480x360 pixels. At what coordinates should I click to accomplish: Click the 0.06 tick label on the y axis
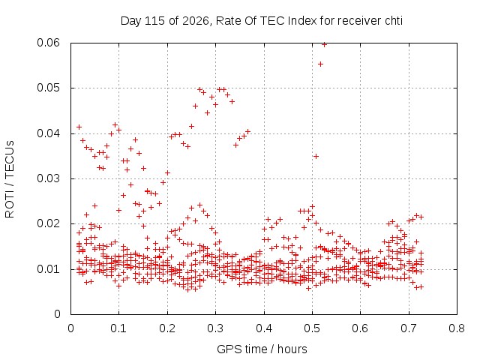[x=48, y=43]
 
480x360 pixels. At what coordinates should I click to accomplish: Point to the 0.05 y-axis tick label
[x=48, y=88]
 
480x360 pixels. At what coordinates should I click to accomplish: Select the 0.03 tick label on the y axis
[x=48, y=178]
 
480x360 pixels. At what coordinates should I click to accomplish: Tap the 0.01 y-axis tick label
[x=48, y=269]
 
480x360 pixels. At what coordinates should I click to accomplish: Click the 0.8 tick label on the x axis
[x=457, y=328]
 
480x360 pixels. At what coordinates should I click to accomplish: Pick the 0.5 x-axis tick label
[x=312, y=328]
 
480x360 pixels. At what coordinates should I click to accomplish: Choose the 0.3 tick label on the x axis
[x=215, y=328]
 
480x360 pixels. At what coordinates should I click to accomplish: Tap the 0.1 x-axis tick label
[x=118, y=328]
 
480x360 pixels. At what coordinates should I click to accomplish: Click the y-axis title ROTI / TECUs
[x=10, y=179]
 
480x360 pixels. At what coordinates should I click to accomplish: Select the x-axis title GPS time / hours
[x=262, y=349]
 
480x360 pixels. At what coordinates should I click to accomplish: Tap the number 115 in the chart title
[x=154, y=21]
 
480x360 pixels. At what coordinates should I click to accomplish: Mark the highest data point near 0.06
[x=324, y=45]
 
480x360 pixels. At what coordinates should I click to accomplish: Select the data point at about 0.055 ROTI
[x=320, y=64]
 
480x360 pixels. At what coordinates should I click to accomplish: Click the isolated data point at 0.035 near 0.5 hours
[x=316, y=157]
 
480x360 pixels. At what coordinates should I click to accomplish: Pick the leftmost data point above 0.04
[x=79, y=127]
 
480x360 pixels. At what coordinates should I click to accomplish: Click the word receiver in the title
[x=358, y=21]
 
